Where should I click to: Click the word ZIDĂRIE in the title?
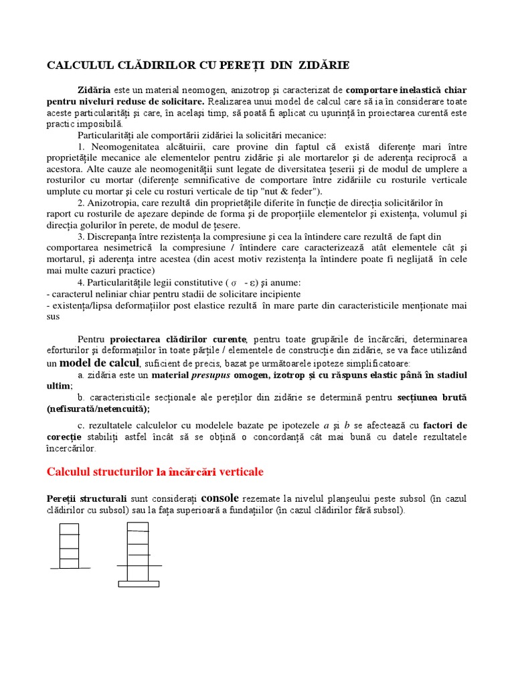pyautogui.click(x=323, y=65)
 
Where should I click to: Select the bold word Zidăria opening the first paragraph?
pyautogui.click(x=95, y=90)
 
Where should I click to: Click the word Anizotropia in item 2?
pyautogui.click(x=117, y=202)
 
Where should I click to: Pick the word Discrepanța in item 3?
pyautogui.click(x=120, y=236)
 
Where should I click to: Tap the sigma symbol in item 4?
pyautogui.click(x=234, y=282)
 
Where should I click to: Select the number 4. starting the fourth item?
pyautogui.click(x=82, y=282)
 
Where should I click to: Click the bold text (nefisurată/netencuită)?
pyautogui.click(x=98, y=408)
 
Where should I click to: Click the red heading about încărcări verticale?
pyautogui.click(x=155, y=472)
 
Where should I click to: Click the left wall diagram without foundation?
pyautogui.click(x=70, y=545)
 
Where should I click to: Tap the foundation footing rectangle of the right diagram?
pyautogui.click(x=139, y=584)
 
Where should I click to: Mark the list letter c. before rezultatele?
pyautogui.click(x=82, y=425)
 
